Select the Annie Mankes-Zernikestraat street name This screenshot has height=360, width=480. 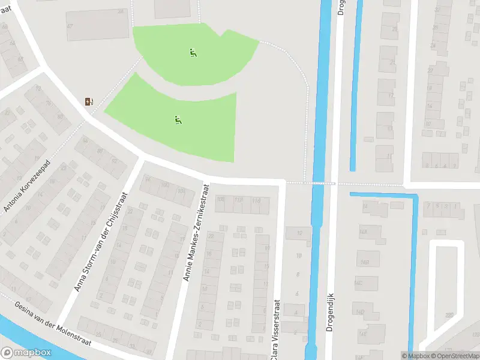197,233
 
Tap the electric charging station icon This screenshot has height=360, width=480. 89,101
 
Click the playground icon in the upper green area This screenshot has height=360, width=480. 193,53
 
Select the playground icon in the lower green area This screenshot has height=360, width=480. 178,120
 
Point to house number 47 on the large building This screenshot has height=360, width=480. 70,26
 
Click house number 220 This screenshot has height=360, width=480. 448,315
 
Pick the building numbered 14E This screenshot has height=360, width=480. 362,334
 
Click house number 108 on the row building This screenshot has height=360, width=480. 220,199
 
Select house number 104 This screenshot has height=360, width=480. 181,191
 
